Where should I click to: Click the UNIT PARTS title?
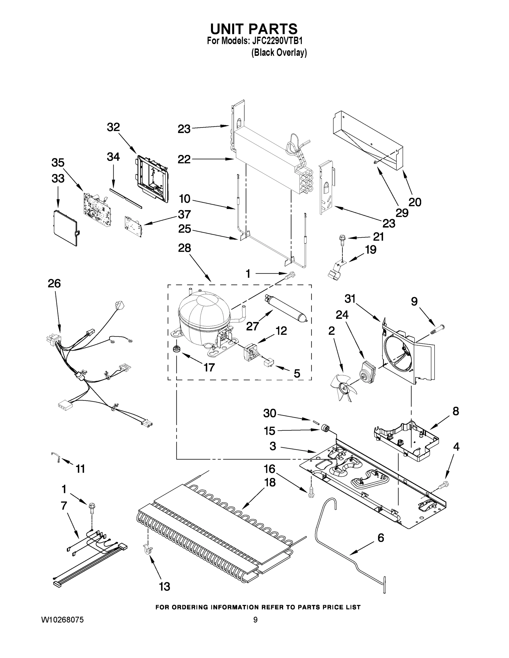(254, 29)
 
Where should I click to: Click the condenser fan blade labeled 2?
(344, 389)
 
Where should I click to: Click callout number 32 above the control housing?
(113, 127)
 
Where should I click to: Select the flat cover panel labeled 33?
(64, 228)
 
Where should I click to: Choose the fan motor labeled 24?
(367, 368)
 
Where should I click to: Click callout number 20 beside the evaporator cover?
(415, 202)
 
